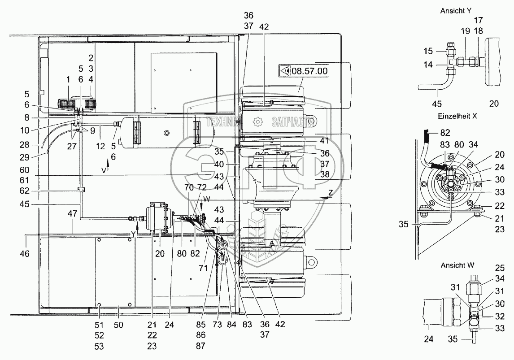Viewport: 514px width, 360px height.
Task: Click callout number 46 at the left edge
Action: (x=24, y=254)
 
